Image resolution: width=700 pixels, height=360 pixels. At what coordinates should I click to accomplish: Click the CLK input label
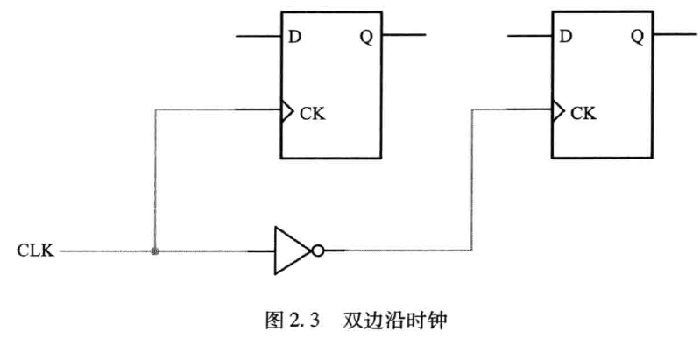(x=36, y=251)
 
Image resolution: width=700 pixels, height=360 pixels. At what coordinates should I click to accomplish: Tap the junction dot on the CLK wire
(x=155, y=251)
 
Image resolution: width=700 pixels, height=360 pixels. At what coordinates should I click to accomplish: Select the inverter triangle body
(x=288, y=251)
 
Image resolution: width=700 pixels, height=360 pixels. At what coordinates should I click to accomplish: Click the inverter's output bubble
(x=317, y=251)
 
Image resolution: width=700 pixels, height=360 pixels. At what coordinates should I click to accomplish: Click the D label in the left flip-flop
(x=295, y=37)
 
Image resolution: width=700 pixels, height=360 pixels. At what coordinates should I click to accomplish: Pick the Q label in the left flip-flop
(x=365, y=37)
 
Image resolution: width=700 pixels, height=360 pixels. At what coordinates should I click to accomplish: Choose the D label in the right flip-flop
(x=566, y=37)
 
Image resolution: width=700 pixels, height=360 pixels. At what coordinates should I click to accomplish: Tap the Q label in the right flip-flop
(x=637, y=37)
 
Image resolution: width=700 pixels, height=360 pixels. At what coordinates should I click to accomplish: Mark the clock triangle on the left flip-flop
(x=286, y=110)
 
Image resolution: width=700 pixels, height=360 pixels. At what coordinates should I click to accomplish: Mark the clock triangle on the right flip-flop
(x=556, y=110)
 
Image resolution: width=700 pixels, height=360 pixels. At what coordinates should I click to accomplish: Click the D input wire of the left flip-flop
(x=258, y=36)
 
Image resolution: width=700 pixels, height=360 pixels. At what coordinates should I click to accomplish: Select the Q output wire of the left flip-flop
(x=405, y=36)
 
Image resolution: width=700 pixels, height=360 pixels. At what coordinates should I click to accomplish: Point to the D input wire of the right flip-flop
(x=528, y=36)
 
